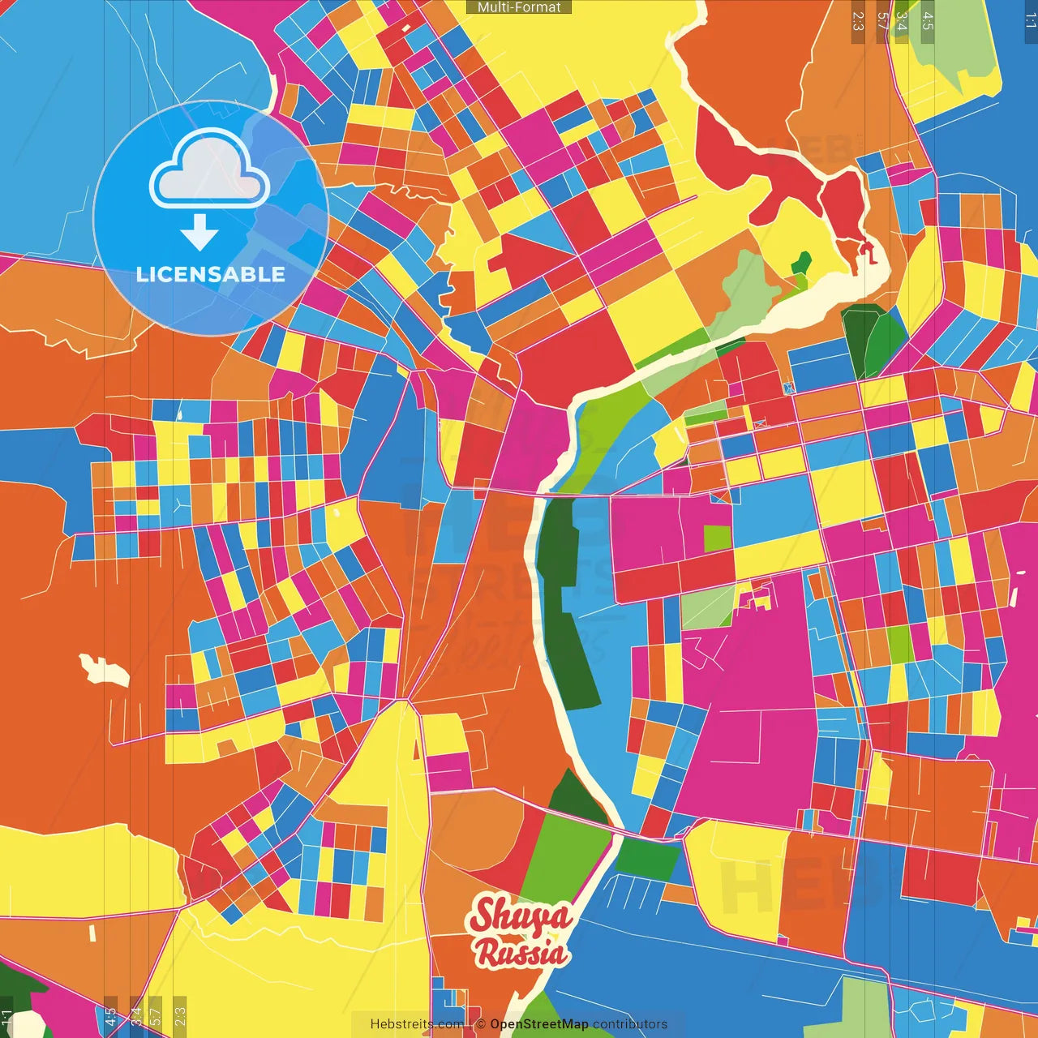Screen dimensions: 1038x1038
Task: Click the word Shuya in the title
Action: click(x=521, y=916)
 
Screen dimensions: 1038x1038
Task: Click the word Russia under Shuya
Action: click(x=521, y=953)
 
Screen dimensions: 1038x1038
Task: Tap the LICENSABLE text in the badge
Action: click(x=211, y=274)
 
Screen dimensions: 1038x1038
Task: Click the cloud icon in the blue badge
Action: click(x=210, y=171)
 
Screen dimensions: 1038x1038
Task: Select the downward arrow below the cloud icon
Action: click(x=199, y=232)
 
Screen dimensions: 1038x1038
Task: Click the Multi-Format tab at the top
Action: click(x=519, y=7)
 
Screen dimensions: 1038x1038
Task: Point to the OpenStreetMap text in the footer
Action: click(x=538, y=1024)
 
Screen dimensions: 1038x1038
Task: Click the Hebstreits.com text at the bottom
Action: click(x=417, y=1024)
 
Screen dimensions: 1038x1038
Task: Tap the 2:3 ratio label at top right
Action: click(x=858, y=22)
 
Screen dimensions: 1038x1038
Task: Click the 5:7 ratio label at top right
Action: click(x=882, y=22)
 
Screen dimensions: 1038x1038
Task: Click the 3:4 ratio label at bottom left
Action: click(x=136, y=1015)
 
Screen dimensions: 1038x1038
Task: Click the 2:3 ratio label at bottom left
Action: click(x=180, y=1015)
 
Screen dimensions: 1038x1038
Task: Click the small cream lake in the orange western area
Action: click(x=104, y=670)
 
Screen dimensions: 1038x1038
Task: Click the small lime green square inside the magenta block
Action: click(x=717, y=538)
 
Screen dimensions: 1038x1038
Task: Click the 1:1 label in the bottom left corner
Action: click(x=6, y=1018)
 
